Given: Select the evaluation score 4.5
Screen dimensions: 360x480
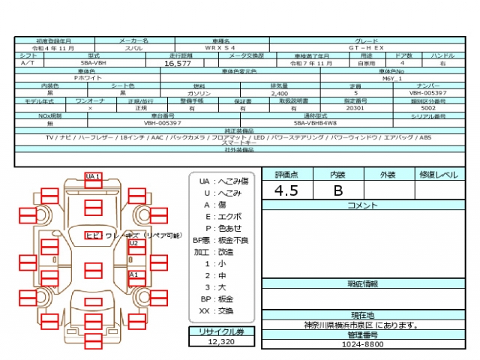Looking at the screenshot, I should tap(286, 190).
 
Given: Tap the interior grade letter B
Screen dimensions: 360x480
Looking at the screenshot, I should tap(337, 190).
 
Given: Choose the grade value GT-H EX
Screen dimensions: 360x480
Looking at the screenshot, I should tap(370, 48).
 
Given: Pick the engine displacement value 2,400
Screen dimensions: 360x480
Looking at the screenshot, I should tap(279, 93).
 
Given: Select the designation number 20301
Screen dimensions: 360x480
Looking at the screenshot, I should tap(354, 108).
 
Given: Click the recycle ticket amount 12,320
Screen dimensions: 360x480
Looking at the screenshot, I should tap(221, 341).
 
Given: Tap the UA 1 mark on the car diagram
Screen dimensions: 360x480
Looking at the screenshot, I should tap(93, 176).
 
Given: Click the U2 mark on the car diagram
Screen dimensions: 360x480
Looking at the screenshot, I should tap(134, 243).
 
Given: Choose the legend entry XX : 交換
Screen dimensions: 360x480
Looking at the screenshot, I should tap(217, 310).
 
